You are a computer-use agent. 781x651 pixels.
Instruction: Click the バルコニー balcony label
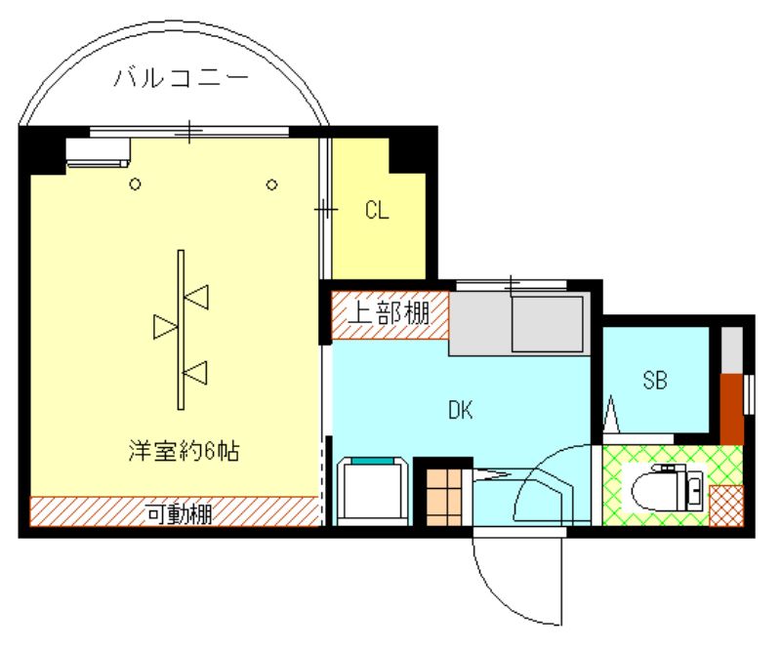(x=180, y=78)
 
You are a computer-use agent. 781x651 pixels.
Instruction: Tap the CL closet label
(x=378, y=210)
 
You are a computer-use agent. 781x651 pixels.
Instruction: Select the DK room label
(x=461, y=411)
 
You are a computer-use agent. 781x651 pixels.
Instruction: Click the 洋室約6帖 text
(x=185, y=451)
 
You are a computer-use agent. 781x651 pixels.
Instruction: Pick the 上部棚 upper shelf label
(x=390, y=314)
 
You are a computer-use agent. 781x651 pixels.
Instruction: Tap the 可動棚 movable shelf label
(x=180, y=510)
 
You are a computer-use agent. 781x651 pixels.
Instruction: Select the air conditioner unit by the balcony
(x=98, y=150)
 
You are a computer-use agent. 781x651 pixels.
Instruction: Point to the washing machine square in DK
(x=370, y=490)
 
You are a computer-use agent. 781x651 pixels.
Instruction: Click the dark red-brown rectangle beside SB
(x=731, y=407)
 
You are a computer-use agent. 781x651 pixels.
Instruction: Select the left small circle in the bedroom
(x=136, y=184)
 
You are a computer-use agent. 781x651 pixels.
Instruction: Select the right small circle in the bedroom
(x=272, y=184)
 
